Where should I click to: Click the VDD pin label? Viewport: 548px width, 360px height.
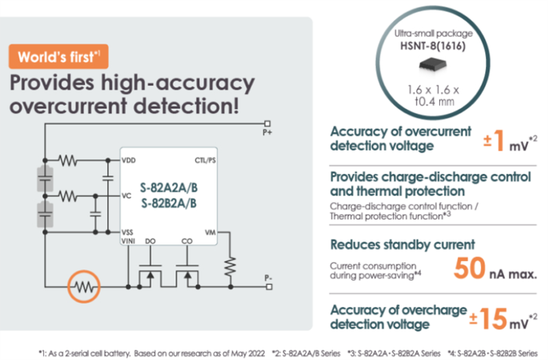pyautogui.click(x=129, y=160)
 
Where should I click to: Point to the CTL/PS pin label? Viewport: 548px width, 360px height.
pyautogui.click(x=205, y=160)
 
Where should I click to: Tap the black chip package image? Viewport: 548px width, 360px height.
pyautogui.click(x=432, y=63)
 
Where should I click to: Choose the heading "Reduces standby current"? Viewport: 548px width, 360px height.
pyautogui.click(x=403, y=244)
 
